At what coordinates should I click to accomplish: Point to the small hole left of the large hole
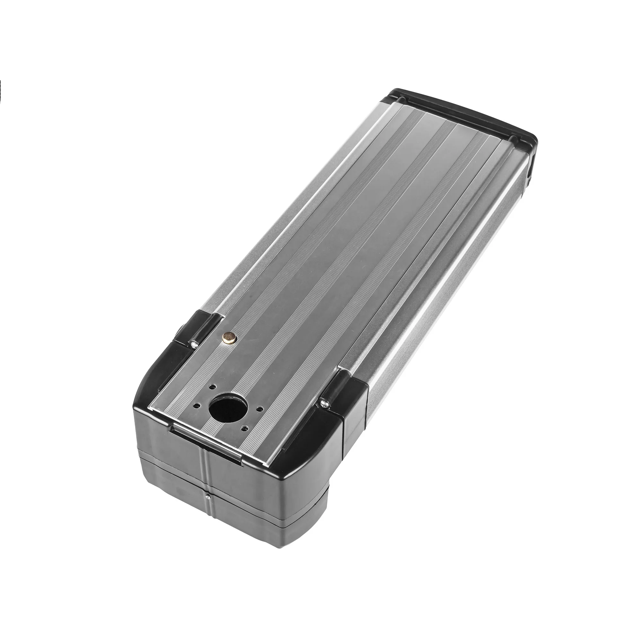coord(198,405)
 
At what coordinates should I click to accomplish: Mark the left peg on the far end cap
coord(403,100)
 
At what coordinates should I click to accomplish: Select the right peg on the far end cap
coord(514,137)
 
